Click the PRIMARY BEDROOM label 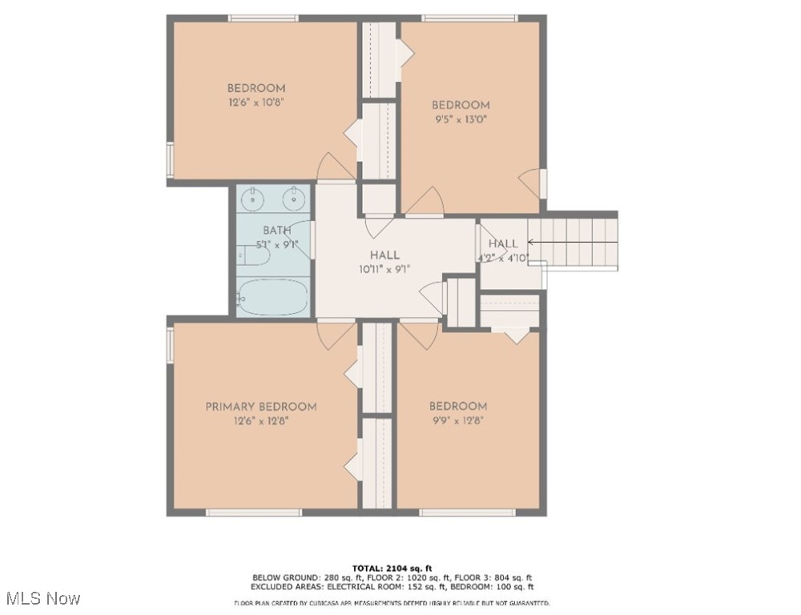[260, 407]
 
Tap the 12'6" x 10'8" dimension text [256, 102]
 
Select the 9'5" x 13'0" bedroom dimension [460, 119]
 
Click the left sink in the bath [254, 197]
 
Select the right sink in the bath [295, 197]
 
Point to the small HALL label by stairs [503, 243]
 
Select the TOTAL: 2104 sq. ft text [392, 568]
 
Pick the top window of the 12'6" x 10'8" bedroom [264, 18]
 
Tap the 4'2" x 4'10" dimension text [503, 257]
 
